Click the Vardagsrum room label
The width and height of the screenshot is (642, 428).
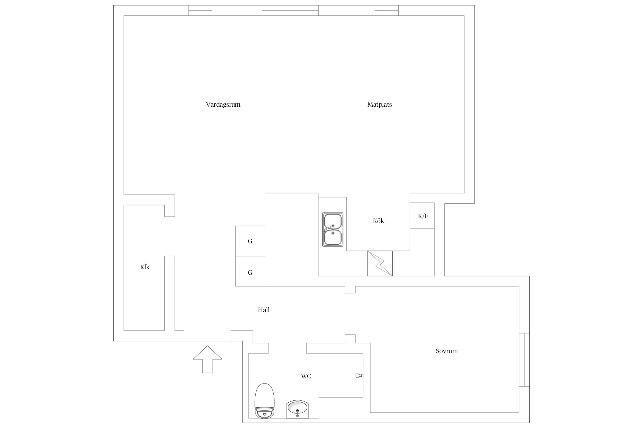[223, 105]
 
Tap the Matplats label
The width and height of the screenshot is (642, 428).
[379, 105]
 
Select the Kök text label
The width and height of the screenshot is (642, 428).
[378, 221]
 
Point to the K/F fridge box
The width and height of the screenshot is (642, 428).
[422, 216]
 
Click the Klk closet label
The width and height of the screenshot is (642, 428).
[145, 267]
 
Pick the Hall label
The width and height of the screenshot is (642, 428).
[264, 310]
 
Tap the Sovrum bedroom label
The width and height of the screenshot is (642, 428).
[447, 351]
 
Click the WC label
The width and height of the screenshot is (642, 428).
[306, 376]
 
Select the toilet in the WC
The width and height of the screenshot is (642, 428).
[265, 401]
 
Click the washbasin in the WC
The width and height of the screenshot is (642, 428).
[297, 409]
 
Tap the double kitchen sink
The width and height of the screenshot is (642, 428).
[333, 229]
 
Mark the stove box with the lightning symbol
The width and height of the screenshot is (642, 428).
[380, 263]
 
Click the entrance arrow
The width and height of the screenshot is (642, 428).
[207, 359]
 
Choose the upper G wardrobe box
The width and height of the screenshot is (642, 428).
[250, 241]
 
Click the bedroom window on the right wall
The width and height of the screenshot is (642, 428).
[524, 360]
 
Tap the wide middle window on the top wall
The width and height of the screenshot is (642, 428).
[290, 10]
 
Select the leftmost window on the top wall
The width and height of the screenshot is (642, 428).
[200, 10]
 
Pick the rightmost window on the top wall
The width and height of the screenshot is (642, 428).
[387, 10]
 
